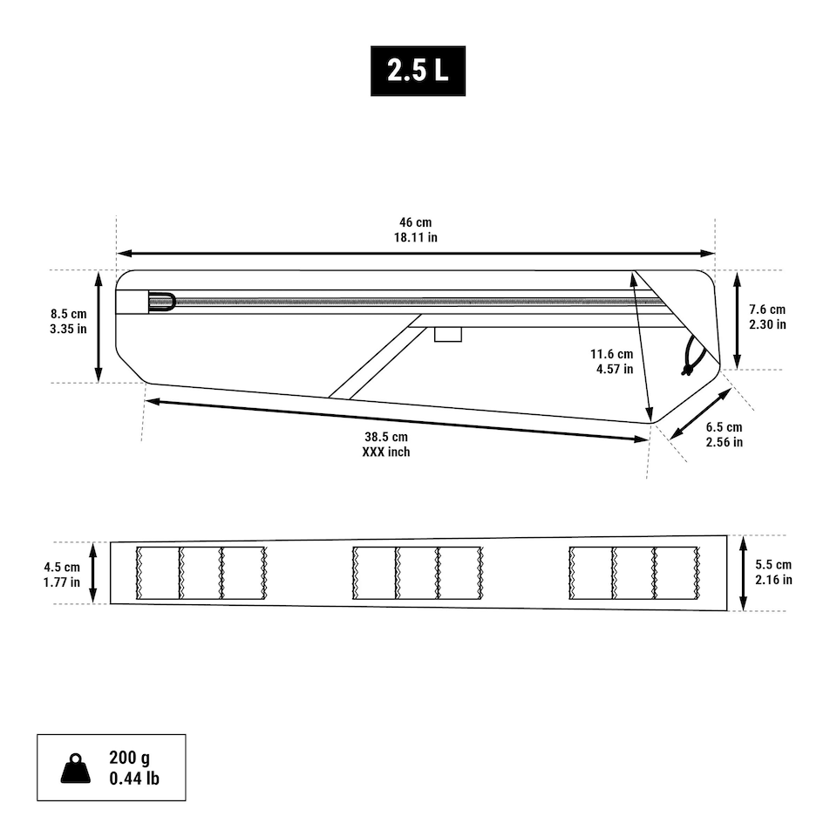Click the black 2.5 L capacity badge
point(418,71)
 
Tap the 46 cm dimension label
point(415,222)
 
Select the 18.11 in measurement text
point(415,237)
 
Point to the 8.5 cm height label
point(68,314)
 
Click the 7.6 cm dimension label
point(767,309)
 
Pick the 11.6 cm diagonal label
point(611,354)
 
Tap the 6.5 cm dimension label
point(724,427)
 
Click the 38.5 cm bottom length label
point(386,437)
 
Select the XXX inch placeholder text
point(386,453)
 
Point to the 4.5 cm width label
point(62,567)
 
